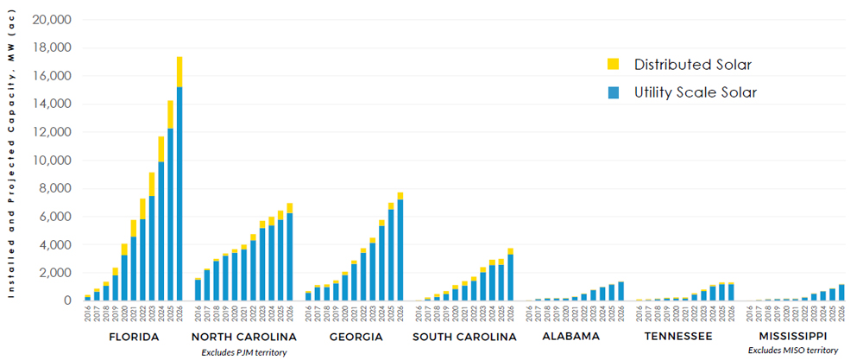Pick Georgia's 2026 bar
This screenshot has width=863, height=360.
tap(400, 247)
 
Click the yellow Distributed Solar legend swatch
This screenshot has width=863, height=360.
tap(613, 64)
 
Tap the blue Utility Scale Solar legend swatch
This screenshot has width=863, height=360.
tap(613, 92)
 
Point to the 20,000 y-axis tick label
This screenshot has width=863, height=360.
tap(53, 20)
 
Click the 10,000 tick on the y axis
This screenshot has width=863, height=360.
tap(53, 161)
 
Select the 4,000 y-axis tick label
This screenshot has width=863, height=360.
tap(56, 245)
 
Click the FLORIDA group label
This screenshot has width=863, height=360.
tap(133, 336)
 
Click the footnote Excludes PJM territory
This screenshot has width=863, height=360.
tap(243, 351)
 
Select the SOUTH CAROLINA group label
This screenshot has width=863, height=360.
tap(463, 336)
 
